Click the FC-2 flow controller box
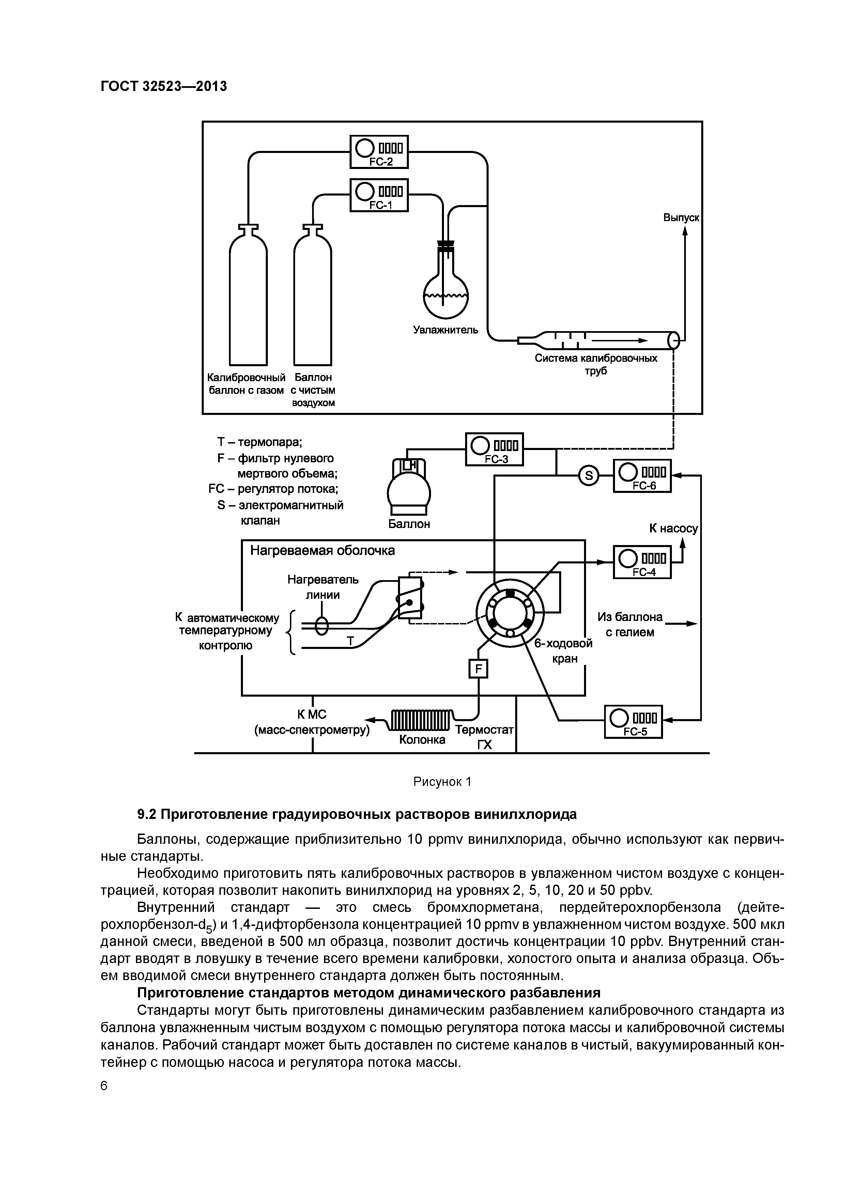tap(379, 152)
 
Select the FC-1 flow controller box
tap(379, 195)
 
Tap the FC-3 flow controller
tap(494, 449)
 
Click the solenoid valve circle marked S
tap(589, 476)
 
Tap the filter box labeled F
tap(478, 668)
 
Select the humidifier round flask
tap(446, 295)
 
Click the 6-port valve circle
tap(510, 612)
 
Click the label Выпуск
tap(680, 218)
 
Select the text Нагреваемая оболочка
tap(322, 550)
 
